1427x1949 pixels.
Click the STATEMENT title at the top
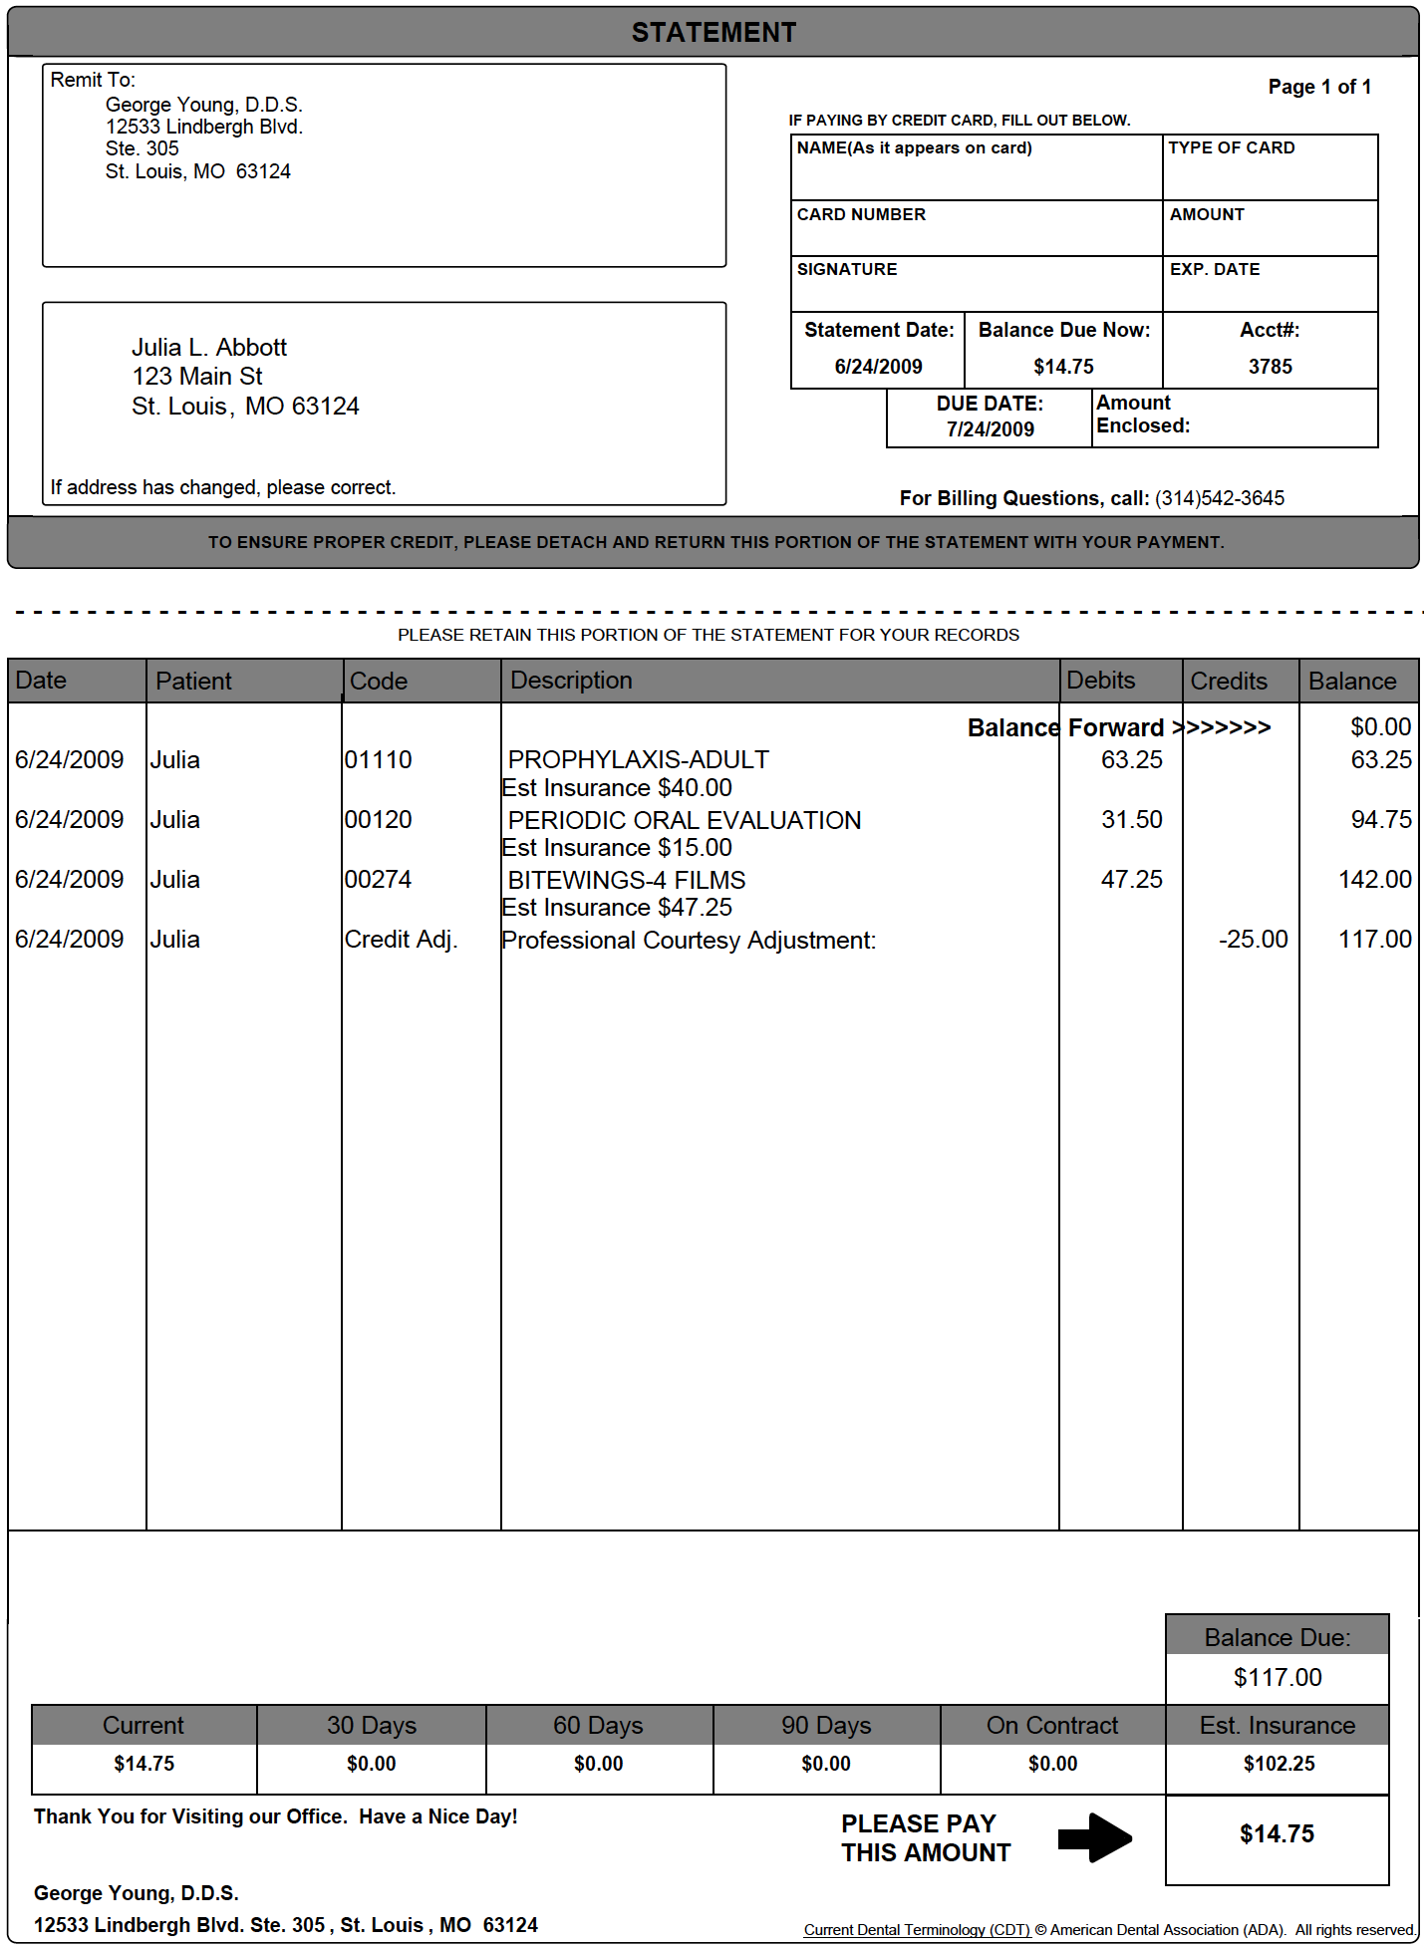pyautogui.click(x=713, y=33)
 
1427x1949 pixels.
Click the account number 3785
pyautogui.click(x=1270, y=367)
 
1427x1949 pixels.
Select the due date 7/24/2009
pyautogui.click(x=990, y=429)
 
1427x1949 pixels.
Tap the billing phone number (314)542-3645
pyautogui.click(x=1219, y=498)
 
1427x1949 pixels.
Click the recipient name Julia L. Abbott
pyautogui.click(x=209, y=348)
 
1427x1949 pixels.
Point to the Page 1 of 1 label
pyautogui.click(x=1318, y=88)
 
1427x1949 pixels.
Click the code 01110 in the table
pyautogui.click(x=379, y=760)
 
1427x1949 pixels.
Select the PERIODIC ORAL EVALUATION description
pyautogui.click(x=684, y=820)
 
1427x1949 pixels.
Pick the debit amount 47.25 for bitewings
pyautogui.click(x=1131, y=880)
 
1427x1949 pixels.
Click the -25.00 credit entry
pyautogui.click(x=1253, y=940)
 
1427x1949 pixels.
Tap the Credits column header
pyautogui.click(x=1229, y=682)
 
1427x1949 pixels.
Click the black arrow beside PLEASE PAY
pyautogui.click(x=1094, y=1837)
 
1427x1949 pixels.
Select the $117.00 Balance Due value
pyautogui.click(x=1278, y=1678)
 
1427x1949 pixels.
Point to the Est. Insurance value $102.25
pyautogui.click(x=1279, y=1764)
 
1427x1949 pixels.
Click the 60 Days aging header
pyautogui.click(x=598, y=1726)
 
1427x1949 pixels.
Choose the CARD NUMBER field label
pyautogui.click(x=861, y=215)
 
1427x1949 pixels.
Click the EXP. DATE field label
pyautogui.click(x=1214, y=270)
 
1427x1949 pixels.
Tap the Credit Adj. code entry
pyautogui.click(x=401, y=940)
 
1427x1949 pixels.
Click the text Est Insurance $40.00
pyautogui.click(x=617, y=788)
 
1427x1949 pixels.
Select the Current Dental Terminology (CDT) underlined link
pyautogui.click(x=917, y=1930)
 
